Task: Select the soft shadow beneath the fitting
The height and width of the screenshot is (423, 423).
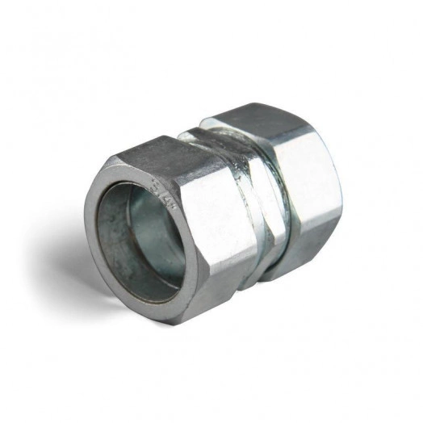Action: [242, 323]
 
